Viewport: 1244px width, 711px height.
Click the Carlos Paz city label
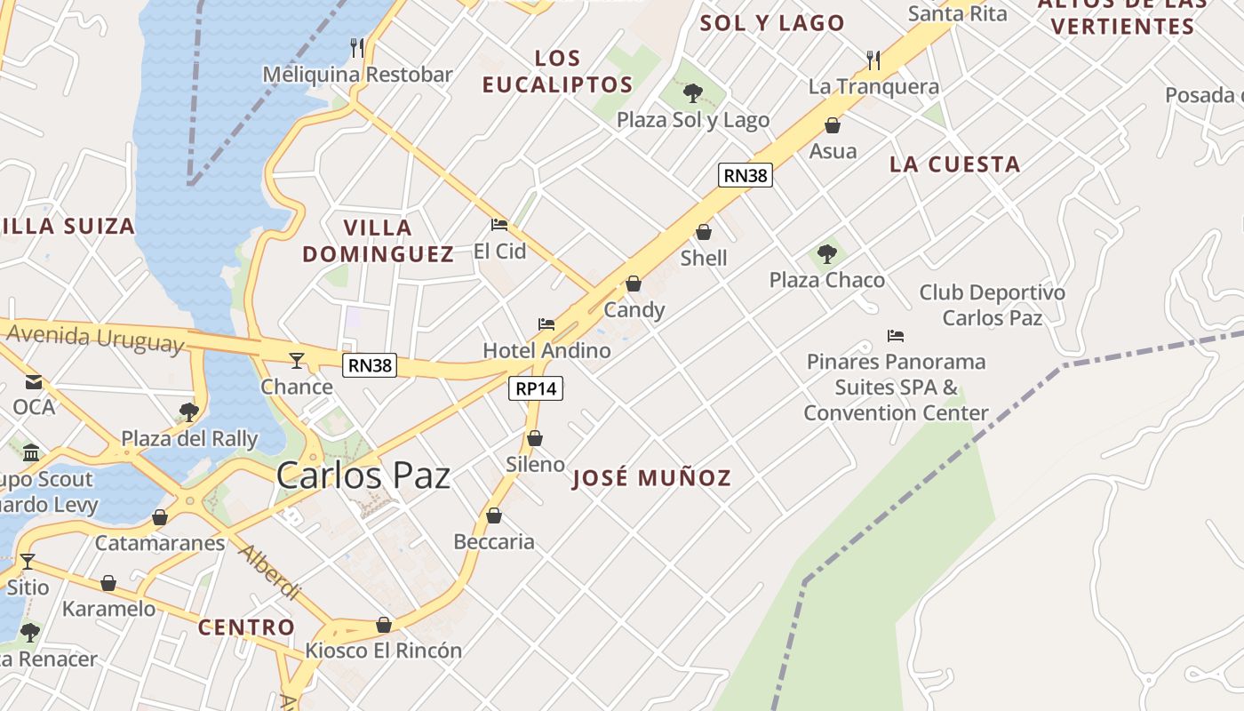[x=363, y=475]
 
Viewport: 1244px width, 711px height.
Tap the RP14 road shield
[x=537, y=388]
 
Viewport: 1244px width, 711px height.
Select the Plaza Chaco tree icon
[x=827, y=254]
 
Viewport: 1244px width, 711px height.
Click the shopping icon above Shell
[x=704, y=232]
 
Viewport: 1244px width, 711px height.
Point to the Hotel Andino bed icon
[x=546, y=324]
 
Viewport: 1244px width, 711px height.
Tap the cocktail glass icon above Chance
[x=297, y=360]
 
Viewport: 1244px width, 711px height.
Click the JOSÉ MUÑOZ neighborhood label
[x=651, y=478]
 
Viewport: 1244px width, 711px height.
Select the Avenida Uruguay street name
[x=95, y=339]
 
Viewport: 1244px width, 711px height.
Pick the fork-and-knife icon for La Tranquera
[x=873, y=60]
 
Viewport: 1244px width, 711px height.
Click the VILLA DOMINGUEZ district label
[x=379, y=241]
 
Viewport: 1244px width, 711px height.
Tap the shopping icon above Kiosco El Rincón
[x=384, y=625]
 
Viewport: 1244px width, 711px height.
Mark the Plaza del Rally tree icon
[x=188, y=411]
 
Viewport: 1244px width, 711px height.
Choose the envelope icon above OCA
[x=34, y=382]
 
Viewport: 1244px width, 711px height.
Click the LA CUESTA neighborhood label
[x=954, y=164]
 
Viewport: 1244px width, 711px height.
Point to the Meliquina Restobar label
[x=357, y=75]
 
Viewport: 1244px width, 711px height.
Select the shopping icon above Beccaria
[x=494, y=515]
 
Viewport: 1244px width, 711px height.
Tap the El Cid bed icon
[x=499, y=225]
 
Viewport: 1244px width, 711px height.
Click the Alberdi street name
[x=269, y=571]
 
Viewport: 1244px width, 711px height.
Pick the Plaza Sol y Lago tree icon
[x=692, y=92]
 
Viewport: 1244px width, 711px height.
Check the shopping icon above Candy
[x=634, y=284]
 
